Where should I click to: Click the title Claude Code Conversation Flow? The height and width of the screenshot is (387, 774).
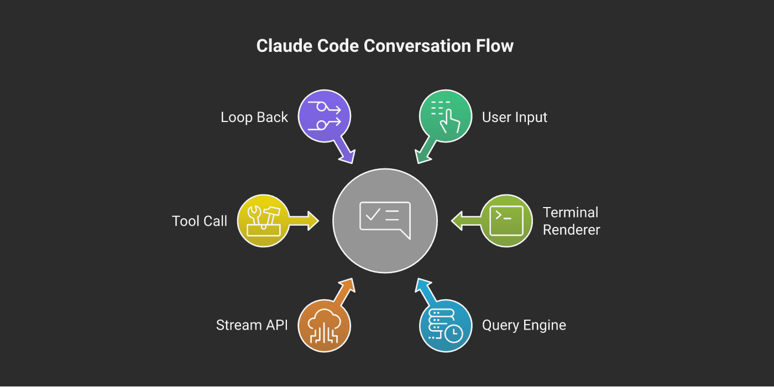click(x=385, y=46)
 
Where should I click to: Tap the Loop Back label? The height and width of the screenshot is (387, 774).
click(x=254, y=117)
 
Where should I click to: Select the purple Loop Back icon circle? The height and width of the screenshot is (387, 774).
click(x=325, y=116)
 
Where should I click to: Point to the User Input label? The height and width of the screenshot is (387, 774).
click(x=514, y=117)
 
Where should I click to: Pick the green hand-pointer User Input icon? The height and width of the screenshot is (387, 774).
click(x=446, y=116)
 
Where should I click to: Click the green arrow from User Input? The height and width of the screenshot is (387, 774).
click(x=424, y=152)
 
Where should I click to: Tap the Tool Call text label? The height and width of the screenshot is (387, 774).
click(x=200, y=221)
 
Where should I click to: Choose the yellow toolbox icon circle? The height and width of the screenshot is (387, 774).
click(x=264, y=220)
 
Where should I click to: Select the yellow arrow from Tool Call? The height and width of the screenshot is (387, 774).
click(x=304, y=220)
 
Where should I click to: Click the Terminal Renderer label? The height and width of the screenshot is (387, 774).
click(x=571, y=221)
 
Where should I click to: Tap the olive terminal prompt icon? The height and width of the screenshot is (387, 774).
click(x=506, y=220)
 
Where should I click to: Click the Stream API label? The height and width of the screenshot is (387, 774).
click(x=252, y=325)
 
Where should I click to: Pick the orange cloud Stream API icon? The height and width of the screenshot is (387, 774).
click(x=325, y=326)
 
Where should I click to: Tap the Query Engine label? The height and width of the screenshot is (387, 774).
click(x=524, y=325)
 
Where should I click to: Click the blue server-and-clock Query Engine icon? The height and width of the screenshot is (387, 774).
click(x=446, y=326)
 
